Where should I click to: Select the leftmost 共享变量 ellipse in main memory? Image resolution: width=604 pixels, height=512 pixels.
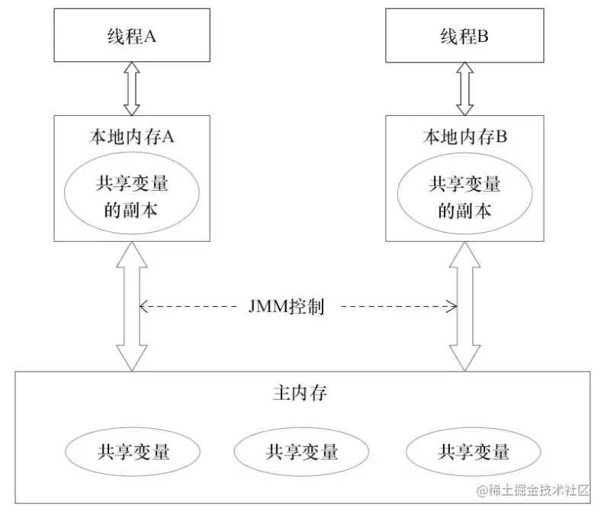click(x=133, y=452)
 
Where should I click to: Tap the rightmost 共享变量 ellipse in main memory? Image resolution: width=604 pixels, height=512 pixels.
click(x=473, y=452)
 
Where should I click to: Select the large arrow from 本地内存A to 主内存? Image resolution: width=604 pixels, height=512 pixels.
click(x=132, y=305)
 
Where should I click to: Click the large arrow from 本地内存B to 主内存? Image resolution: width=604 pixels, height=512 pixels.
click(x=464, y=305)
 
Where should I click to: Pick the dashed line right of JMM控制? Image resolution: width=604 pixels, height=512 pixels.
click(x=397, y=307)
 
